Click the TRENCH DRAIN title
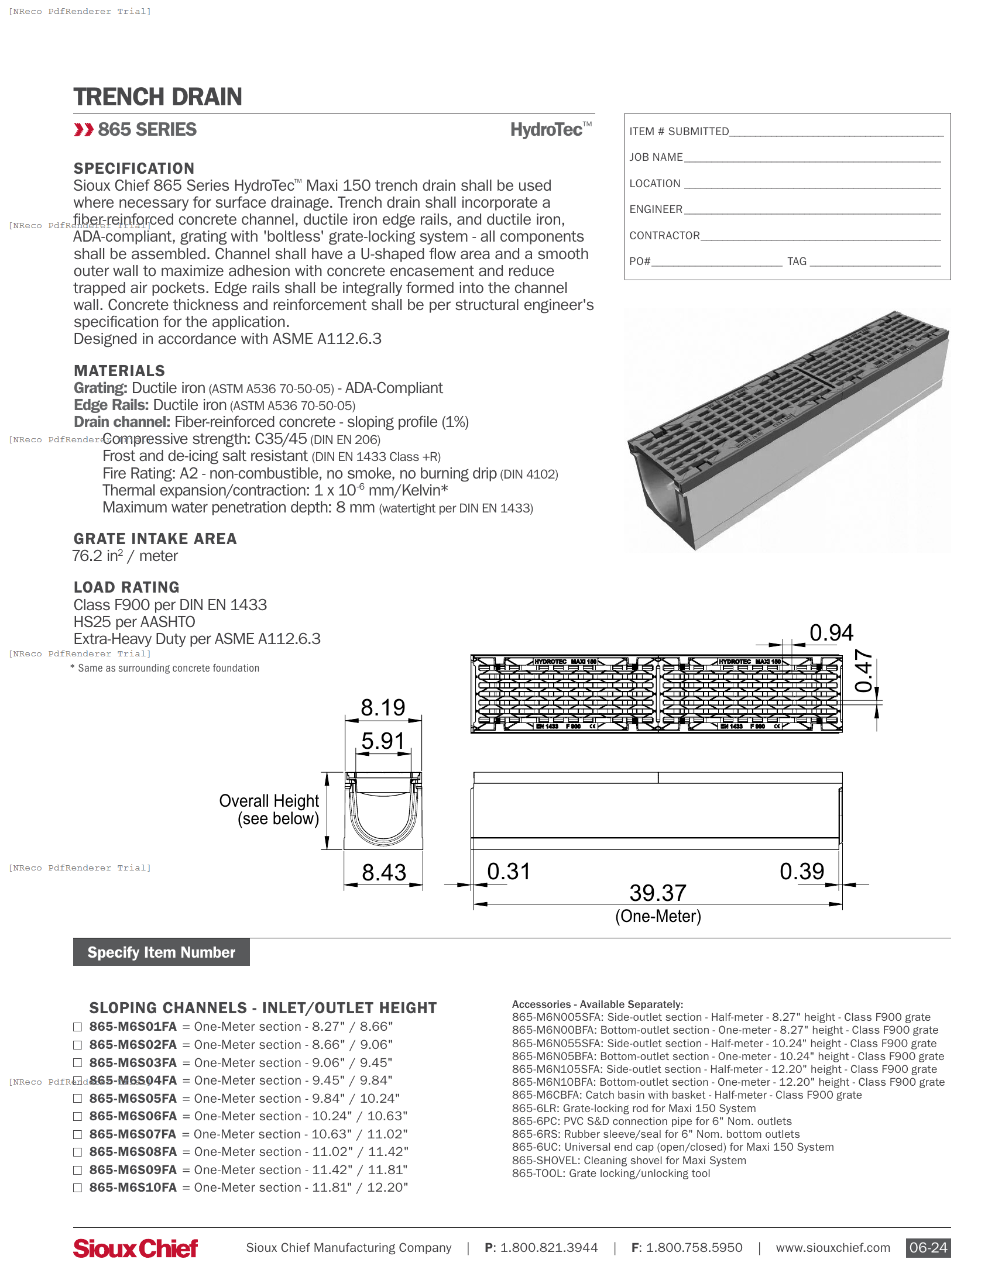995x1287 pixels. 157,97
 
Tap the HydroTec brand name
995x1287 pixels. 547,130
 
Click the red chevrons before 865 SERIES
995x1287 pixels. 84,130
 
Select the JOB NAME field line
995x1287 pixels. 812,158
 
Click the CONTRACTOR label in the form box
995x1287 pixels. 664,236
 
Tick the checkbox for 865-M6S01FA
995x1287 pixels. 77,1027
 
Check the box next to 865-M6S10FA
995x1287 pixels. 77,1188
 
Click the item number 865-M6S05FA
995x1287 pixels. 133,1099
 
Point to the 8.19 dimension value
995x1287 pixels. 383,708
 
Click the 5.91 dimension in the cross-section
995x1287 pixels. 383,741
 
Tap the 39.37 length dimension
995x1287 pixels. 658,893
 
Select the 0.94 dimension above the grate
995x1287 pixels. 831,633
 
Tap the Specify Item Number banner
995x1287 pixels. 161,952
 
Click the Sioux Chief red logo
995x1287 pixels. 135,1248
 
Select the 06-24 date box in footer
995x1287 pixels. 928,1248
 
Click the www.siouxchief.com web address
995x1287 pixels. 832,1248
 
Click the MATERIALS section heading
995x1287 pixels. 119,371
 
